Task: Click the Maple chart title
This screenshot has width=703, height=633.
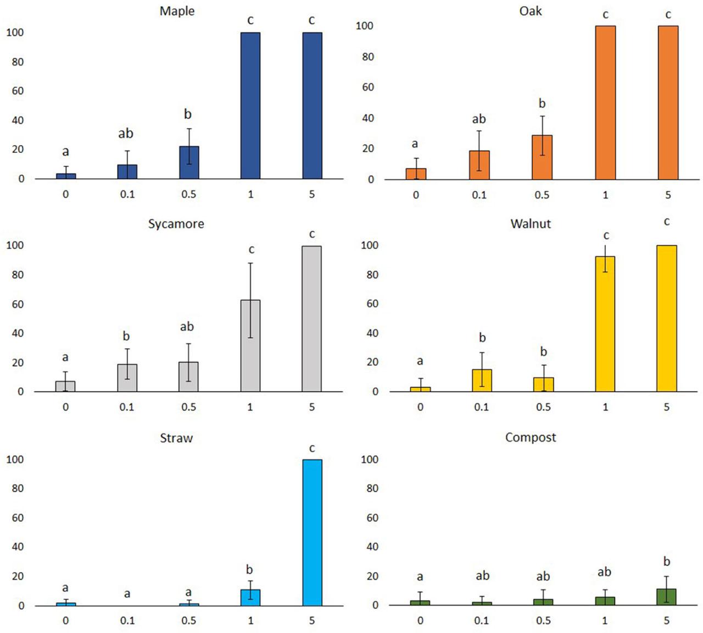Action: (177, 11)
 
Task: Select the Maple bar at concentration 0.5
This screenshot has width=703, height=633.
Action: (189, 163)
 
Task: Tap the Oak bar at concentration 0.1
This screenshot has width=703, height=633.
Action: (479, 165)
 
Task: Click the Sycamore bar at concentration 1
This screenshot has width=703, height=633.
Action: (250, 345)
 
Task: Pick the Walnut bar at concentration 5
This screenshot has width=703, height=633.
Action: (667, 318)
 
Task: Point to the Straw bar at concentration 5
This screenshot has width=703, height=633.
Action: (312, 532)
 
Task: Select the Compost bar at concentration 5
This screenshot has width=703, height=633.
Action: (666, 597)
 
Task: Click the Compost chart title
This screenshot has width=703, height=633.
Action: (530, 437)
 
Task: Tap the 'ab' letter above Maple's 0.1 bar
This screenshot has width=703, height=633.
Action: (125, 133)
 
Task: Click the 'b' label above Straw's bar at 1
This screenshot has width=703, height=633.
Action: (249, 569)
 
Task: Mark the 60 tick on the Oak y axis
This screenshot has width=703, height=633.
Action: (368, 87)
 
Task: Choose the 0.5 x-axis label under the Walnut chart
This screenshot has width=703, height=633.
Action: (543, 407)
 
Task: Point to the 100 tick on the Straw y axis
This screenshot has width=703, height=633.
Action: (15, 459)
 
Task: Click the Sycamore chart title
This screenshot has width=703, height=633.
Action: (176, 224)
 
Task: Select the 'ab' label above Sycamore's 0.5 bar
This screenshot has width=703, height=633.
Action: (187, 327)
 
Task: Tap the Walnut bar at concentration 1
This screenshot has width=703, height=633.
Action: (605, 324)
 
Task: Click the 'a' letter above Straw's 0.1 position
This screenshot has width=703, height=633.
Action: (127, 594)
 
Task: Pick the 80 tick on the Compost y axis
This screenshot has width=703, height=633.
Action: (372, 488)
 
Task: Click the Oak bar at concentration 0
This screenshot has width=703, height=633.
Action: (416, 174)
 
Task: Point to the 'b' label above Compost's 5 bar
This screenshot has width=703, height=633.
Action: (667, 562)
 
